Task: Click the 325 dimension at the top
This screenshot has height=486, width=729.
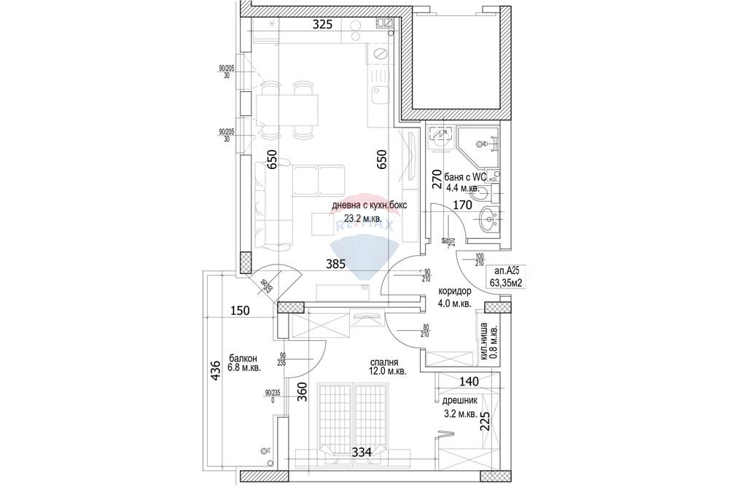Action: (x=322, y=24)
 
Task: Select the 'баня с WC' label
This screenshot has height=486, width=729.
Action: (x=464, y=176)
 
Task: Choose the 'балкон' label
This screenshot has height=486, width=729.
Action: (x=242, y=358)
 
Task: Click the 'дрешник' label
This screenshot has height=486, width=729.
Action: (x=459, y=401)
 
